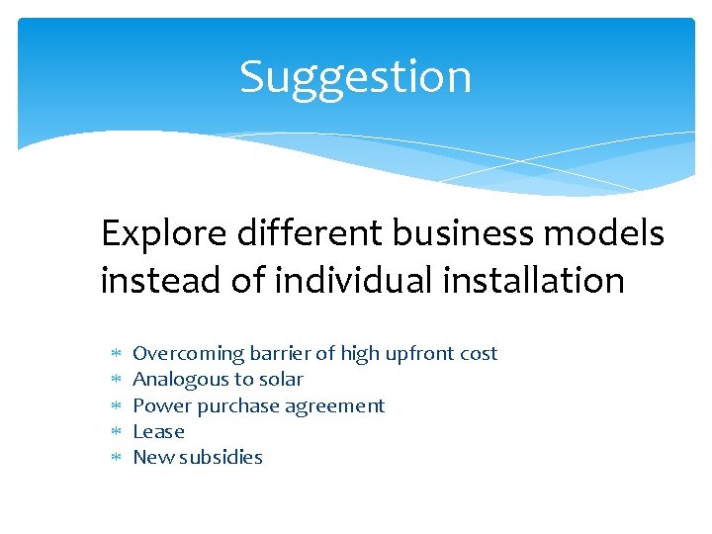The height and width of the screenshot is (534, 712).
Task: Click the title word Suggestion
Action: pos(355,77)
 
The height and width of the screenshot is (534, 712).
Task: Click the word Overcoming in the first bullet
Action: pos(188,354)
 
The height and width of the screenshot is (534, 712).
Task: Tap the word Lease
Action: pos(158,432)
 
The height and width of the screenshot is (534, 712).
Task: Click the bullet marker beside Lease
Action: pos(114,432)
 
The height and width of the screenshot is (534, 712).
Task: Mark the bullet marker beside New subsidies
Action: pos(114,458)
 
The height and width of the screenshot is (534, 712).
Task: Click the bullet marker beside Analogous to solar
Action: pos(114,380)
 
